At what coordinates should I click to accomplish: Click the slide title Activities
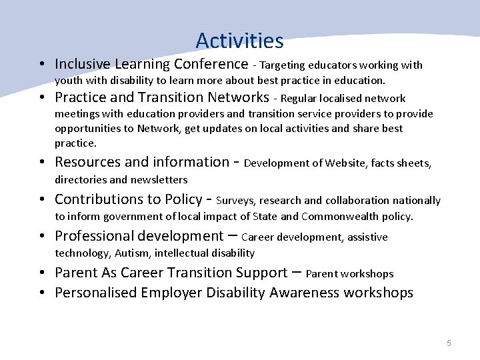(240, 41)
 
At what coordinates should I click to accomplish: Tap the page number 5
(449, 343)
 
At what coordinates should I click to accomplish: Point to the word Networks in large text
(237, 97)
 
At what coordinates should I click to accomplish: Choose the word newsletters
(159, 179)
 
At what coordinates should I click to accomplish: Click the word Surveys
(236, 200)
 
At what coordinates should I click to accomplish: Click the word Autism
(131, 253)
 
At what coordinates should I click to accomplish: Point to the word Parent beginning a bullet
(75, 273)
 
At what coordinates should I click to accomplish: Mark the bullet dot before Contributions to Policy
(42, 200)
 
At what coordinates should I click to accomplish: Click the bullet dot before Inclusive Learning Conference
(42, 65)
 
